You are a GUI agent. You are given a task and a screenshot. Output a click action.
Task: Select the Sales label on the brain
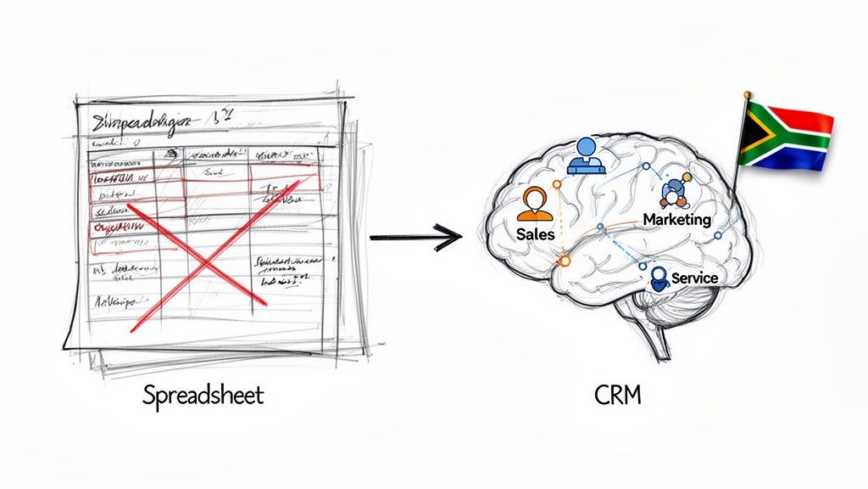[534, 233]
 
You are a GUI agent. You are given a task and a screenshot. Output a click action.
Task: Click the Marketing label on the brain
[676, 219]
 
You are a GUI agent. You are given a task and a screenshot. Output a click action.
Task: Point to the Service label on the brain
[694, 278]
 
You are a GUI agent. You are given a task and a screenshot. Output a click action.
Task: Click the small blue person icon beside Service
[659, 278]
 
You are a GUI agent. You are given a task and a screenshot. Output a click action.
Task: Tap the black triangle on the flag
[749, 136]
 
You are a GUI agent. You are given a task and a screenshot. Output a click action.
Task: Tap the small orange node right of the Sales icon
[557, 183]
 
